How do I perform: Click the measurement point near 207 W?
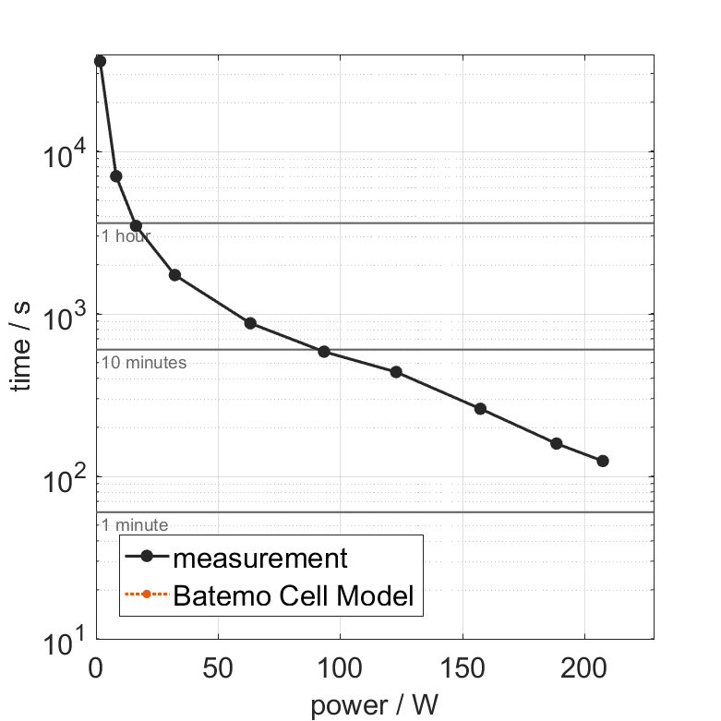[603, 461]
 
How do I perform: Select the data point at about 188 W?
[557, 443]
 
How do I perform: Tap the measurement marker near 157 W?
[480, 408]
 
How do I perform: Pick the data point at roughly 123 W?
[396, 372]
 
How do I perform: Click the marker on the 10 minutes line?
[324, 352]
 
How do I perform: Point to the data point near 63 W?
[250, 323]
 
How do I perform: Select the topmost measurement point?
[100, 61]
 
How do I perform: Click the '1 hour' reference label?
[126, 236]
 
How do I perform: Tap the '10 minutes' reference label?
[144, 363]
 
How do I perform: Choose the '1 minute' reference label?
[135, 525]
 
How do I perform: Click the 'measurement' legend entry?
[259, 558]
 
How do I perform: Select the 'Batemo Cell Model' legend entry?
[294, 595]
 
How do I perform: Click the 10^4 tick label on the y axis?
[64, 152]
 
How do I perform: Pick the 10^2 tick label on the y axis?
[64, 477]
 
